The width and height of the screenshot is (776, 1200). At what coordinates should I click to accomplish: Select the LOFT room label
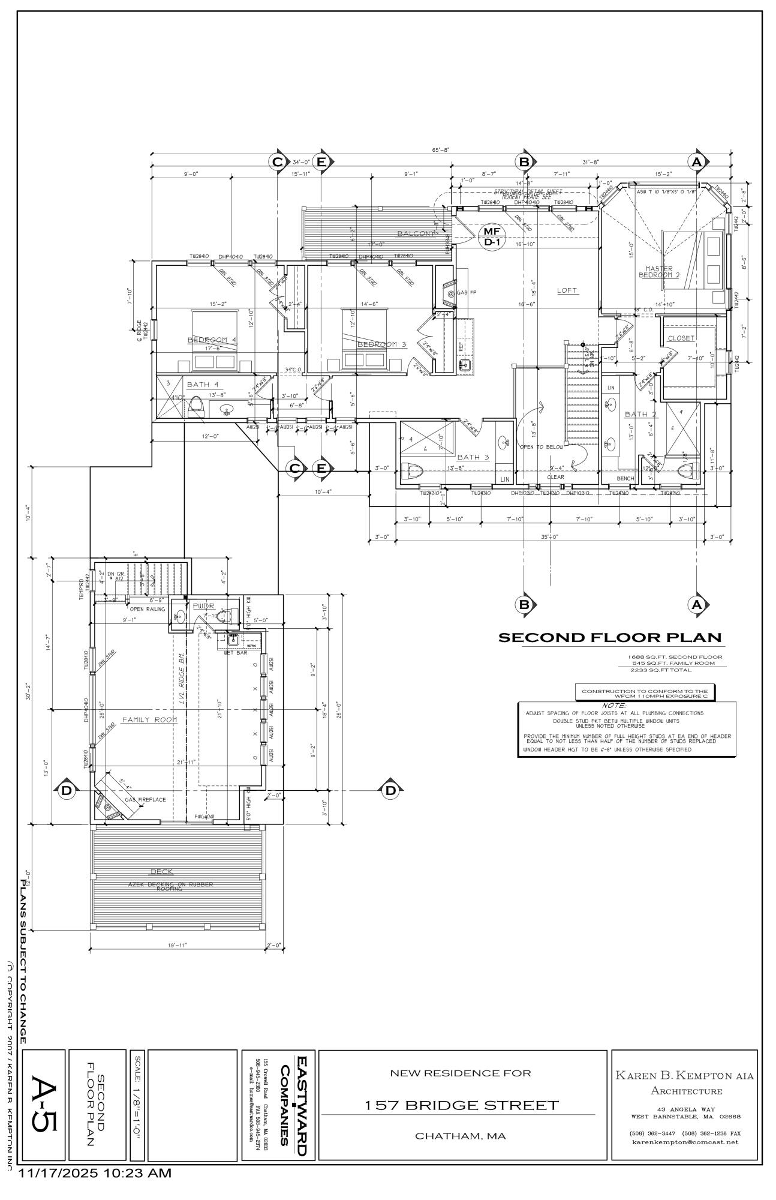click(567, 290)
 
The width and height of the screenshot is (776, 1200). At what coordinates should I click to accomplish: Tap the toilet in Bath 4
click(195, 409)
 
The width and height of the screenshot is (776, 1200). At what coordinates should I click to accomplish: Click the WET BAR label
click(236, 652)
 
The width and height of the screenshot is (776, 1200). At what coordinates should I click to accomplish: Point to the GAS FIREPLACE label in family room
click(145, 799)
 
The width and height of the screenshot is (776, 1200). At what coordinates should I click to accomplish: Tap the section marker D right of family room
click(390, 791)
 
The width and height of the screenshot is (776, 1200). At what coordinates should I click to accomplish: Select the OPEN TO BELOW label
click(541, 447)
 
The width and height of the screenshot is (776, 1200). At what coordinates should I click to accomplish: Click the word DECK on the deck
click(162, 871)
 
